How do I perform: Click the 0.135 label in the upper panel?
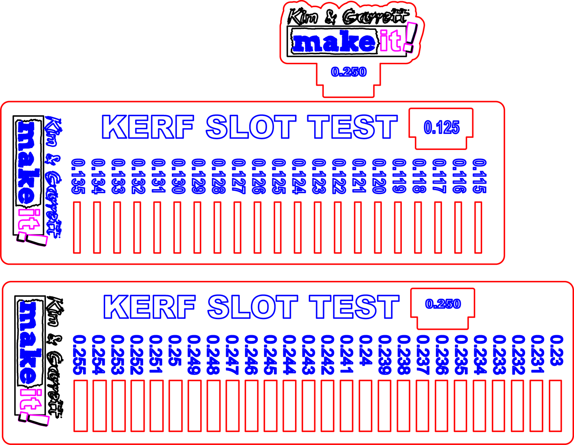coord(78,176)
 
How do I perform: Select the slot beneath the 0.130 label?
coord(177,227)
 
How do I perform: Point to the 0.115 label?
coord(479,176)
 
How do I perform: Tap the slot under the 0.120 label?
coord(378,227)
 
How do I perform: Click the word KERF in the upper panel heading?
coord(148,127)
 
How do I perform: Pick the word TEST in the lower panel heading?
coord(354,307)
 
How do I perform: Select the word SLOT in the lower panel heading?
coord(253,307)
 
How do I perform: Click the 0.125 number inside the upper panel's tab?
coord(442,127)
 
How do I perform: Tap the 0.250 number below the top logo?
coord(349,72)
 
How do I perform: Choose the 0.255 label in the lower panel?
coord(79,355)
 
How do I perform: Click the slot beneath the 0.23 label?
coord(556,406)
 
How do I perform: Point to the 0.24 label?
coord(366,350)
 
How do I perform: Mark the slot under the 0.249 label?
coord(194,406)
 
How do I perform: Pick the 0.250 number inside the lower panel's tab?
coord(443,304)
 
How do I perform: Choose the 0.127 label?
coord(238,176)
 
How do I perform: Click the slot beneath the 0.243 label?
coord(308,406)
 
